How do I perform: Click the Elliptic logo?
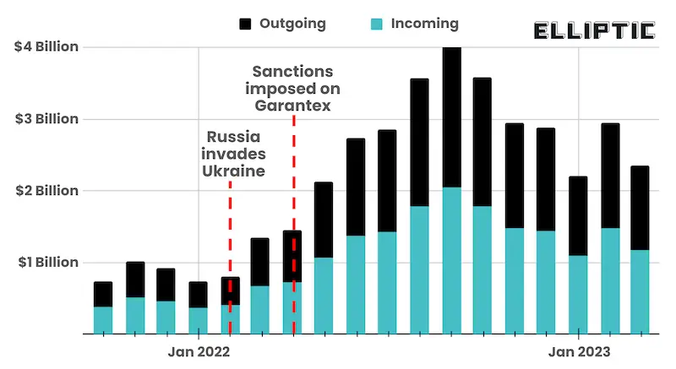pos(595,31)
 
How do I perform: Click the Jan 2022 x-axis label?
pos(199,350)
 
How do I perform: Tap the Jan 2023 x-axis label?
pos(579,350)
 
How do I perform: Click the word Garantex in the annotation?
pos(293,106)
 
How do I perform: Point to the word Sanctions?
pos(293,72)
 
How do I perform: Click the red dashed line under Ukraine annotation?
pos(230,253)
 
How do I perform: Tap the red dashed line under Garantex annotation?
pos(293,211)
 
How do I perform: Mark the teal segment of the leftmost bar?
pos(103,319)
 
